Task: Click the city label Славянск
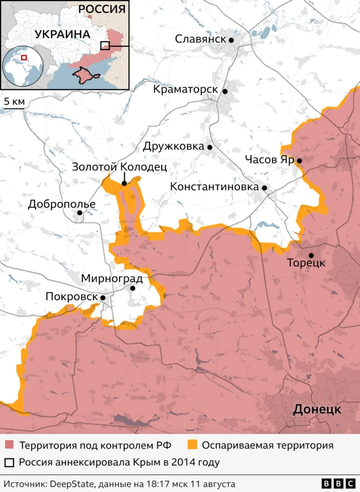tap(200, 39)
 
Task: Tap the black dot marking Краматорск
tap(224, 91)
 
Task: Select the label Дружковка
tap(173, 146)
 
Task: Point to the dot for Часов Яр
tap(299, 161)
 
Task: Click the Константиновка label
tap(214, 187)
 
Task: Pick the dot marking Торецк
tap(311, 256)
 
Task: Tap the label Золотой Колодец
tap(119, 167)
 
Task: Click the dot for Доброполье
tap(80, 213)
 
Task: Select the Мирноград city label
tap(111, 278)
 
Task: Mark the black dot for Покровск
tap(103, 297)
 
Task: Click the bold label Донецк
tap(317, 409)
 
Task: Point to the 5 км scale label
tap(14, 101)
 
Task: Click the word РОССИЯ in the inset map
tap(102, 9)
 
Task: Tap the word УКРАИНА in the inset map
tap(62, 34)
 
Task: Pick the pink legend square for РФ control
tap(9, 445)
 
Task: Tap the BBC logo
tap(337, 484)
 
